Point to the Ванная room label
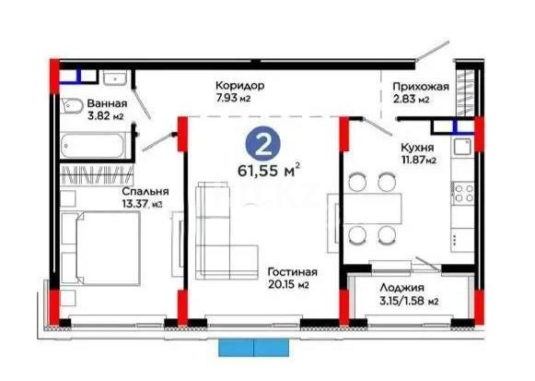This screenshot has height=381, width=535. (x=108, y=103)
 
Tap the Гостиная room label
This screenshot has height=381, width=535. (x=293, y=272)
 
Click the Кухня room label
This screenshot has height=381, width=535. (x=416, y=146)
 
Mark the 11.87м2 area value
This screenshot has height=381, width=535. (x=416, y=159)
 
